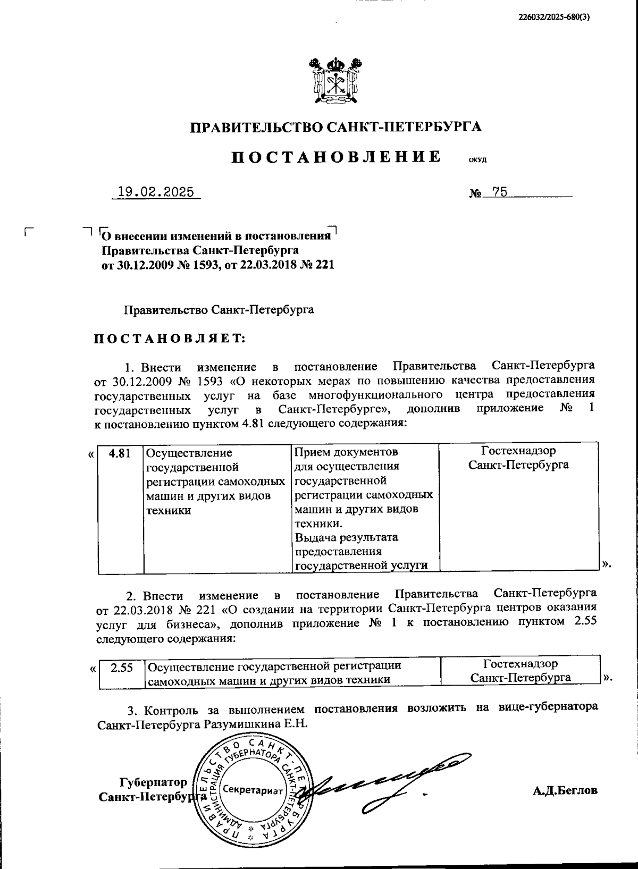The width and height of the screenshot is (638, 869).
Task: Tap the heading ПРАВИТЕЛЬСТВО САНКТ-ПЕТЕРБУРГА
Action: (336, 127)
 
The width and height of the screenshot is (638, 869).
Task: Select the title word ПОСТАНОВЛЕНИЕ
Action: (336, 157)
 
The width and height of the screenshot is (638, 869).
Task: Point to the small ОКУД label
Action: (477, 159)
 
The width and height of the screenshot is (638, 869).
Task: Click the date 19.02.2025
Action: (156, 192)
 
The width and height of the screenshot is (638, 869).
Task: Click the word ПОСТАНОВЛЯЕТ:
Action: (170, 339)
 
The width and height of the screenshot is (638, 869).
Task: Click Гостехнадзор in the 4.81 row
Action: (518, 451)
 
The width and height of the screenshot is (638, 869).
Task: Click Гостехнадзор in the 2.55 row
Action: (521, 664)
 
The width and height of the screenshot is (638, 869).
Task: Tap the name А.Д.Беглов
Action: (565, 790)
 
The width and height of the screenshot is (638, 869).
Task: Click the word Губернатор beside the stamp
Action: (153, 782)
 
